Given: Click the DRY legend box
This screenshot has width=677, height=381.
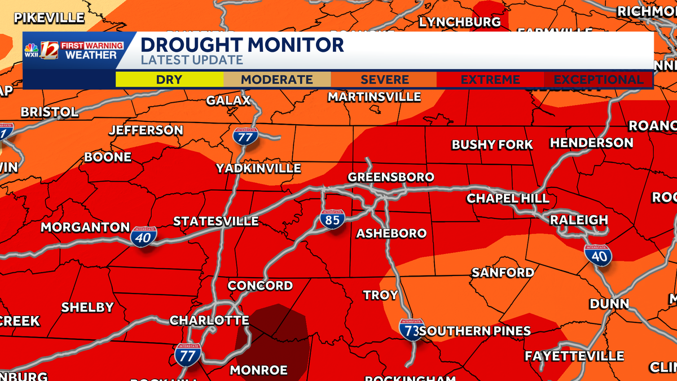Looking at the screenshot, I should pyautogui.click(x=169, y=80).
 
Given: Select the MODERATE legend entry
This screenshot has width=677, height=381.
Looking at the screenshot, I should pyautogui.click(x=277, y=80).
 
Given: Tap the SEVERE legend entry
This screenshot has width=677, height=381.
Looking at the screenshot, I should pyautogui.click(x=385, y=80).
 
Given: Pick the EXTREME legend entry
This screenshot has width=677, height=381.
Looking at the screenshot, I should pyautogui.click(x=491, y=80).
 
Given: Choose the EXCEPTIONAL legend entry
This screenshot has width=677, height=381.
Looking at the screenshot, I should pyautogui.click(x=599, y=80).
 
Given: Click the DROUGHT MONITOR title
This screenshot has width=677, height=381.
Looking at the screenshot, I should pyautogui.click(x=241, y=45).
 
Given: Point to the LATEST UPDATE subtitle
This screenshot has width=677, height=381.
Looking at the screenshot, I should pyautogui.click(x=192, y=60).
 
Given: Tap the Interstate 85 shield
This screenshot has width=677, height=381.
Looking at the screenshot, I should pyautogui.click(x=332, y=219).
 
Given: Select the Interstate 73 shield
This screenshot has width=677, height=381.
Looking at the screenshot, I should pyautogui.click(x=411, y=330).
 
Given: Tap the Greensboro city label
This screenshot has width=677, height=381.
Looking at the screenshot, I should pyautogui.click(x=391, y=177).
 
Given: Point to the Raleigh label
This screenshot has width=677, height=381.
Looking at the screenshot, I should pyautogui.click(x=579, y=220).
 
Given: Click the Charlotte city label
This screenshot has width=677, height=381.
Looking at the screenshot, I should pyautogui.click(x=209, y=320).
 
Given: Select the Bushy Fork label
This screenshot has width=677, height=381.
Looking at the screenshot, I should pyautogui.click(x=492, y=145).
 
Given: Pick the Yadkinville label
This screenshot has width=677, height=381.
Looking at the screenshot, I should pyautogui.click(x=258, y=168).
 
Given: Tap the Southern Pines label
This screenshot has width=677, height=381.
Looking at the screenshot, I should pyautogui.click(x=474, y=331).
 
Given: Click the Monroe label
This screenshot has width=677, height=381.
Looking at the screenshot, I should pyautogui.click(x=259, y=370).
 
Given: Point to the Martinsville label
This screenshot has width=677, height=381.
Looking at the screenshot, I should pyautogui.click(x=375, y=97).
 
